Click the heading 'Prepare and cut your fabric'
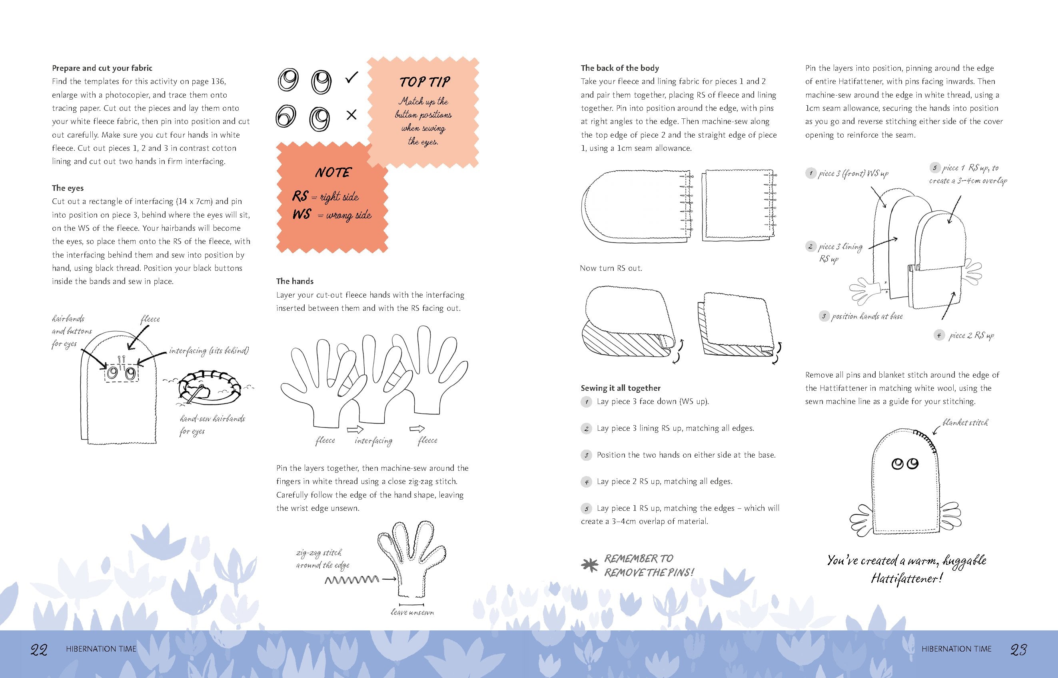tap(102, 68)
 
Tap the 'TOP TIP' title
tap(425, 82)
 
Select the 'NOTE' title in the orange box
tap(333, 172)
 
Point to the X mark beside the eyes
tap(351, 115)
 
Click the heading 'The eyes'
tap(68, 188)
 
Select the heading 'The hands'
tap(295, 281)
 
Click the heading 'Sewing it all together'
tap(621, 388)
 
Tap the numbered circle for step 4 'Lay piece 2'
tap(586, 482)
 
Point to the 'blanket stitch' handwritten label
tap(965, 423)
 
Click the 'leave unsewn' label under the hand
tap(412, 612)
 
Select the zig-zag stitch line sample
tap(351, 580)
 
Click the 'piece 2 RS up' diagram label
tap(971, 336)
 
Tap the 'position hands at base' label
tap(866, 316)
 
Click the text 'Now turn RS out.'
tap(611, 268)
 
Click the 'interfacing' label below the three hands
tap(373, 441)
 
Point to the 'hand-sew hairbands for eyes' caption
tap(212, 425)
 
